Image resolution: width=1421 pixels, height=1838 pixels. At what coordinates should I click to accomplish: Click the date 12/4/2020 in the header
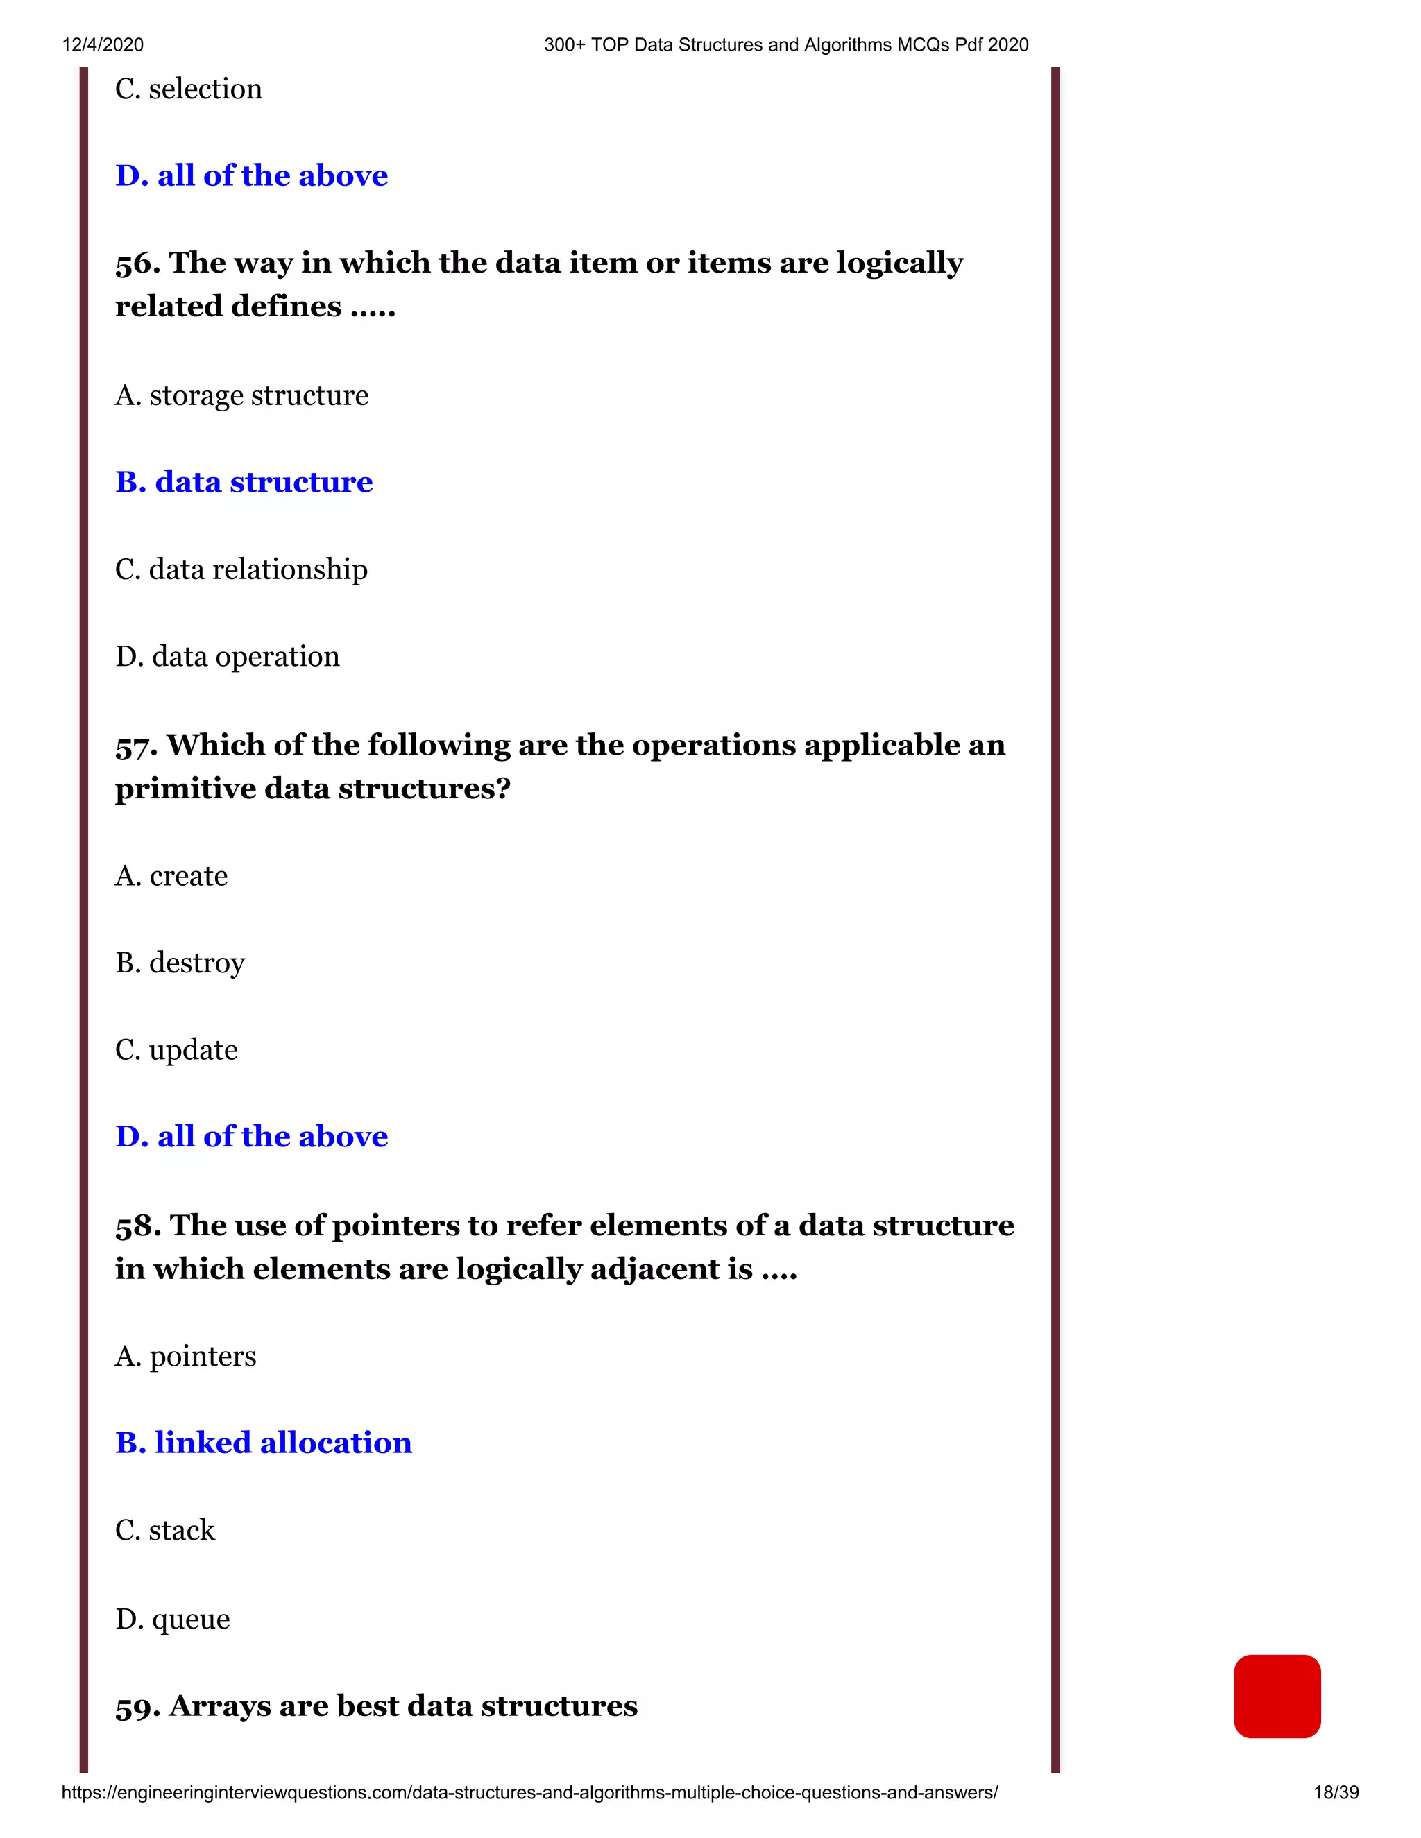point(103,44)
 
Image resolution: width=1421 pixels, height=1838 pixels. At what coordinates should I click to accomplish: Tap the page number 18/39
point(1336,1792)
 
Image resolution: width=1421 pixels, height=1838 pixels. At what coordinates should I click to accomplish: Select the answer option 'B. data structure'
point(244,482)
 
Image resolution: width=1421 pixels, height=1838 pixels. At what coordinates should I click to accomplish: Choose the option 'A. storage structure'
point(241,395)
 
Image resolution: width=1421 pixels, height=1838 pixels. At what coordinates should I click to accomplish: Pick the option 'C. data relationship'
point(241,569)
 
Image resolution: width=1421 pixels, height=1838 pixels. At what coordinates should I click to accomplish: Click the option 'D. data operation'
point(228,656)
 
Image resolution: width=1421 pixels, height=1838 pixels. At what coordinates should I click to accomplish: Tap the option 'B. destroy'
point(180,963)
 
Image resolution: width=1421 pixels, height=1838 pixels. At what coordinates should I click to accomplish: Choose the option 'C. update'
point(176,1050)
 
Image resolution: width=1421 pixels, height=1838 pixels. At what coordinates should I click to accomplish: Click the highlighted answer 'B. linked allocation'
point(264,1443)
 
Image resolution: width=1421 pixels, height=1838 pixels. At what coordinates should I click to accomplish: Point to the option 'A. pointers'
point(185,1356)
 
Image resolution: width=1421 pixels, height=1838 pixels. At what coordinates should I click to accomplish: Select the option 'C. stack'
point(165,1530)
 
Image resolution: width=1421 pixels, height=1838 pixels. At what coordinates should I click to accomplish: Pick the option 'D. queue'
point(173,1618)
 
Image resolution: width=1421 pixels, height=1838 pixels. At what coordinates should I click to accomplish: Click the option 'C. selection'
point(189,89)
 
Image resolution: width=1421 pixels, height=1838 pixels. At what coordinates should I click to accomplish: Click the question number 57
point(135,746)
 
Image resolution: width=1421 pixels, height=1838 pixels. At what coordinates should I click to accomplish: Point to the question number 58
point(137,1227)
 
